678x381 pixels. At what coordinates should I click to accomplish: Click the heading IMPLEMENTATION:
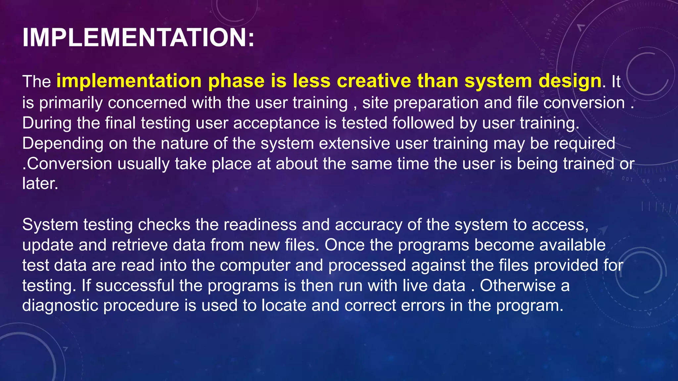[x=138, y=38]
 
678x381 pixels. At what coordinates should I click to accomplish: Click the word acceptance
[x=276, y=123]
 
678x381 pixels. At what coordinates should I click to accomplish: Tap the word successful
[x=135, y=286]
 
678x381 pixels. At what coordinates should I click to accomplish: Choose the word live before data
[x=410, y=286]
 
